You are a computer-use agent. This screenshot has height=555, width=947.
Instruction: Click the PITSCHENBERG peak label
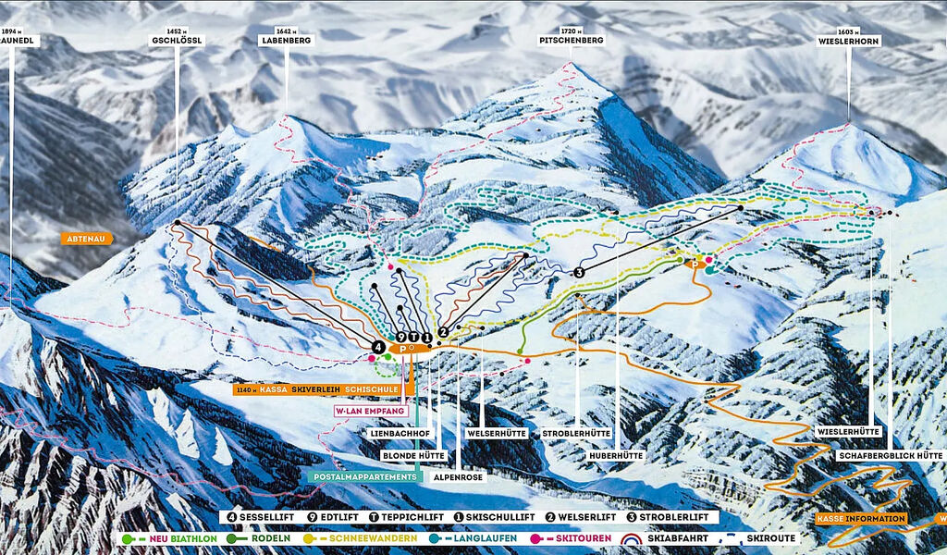click(x=572, y=42)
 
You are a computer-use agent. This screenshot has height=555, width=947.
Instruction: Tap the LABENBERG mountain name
click(x=286, y=42)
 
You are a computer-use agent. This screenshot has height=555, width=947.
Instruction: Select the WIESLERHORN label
click(x=849, y=42)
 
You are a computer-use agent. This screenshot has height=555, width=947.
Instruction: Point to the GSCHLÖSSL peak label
click(x=177, y=42)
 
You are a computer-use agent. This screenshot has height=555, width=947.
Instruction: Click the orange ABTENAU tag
click(x=88, y=239)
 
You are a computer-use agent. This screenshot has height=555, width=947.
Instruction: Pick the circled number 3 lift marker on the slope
click(x=580, y=272)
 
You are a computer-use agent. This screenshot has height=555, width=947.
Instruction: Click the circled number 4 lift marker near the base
click(x=377, y=346)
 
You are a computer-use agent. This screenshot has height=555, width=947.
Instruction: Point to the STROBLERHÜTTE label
click(x=578, y=432)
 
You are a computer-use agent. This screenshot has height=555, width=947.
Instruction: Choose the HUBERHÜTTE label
click(x=618, y=456)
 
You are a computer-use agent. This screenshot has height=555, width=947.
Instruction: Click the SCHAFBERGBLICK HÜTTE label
click(x=889, y=456)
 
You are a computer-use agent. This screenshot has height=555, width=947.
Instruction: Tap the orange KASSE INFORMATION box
click(x=861, y=519)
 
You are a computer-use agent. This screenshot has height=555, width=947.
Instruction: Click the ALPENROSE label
click(x=458, y=478)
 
